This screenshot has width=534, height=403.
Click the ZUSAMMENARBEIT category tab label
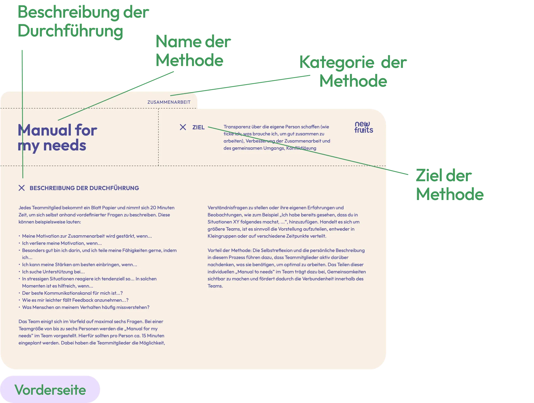click(x=169, y=102)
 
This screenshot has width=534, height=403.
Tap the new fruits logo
click(x=364, y=127)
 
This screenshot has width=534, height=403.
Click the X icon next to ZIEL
click(x=183, y=127)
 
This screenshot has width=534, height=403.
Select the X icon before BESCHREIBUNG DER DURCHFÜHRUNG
click(x=22, y=188)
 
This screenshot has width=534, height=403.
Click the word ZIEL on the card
click(x=198, y=127)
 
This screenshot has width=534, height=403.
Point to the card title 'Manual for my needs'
click(x=57, y=138)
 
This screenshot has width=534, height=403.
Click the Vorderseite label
click(x=50, y=390)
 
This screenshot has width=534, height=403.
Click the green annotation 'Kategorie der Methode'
click(x=353, y=72)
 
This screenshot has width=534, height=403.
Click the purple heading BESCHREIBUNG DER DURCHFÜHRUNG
click(x=84, y=188)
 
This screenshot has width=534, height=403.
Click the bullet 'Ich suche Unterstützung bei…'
click(x=53, y=272)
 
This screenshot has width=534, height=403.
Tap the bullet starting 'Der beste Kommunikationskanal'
click(x=72, y=293)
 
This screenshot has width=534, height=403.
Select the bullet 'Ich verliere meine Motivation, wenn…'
click(x=62, y=243)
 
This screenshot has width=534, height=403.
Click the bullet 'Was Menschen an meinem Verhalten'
click(x=85, y=307)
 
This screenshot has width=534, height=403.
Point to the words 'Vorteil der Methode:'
click(x=229, y=251)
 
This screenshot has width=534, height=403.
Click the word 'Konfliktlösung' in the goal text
click(x=301, y=148)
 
